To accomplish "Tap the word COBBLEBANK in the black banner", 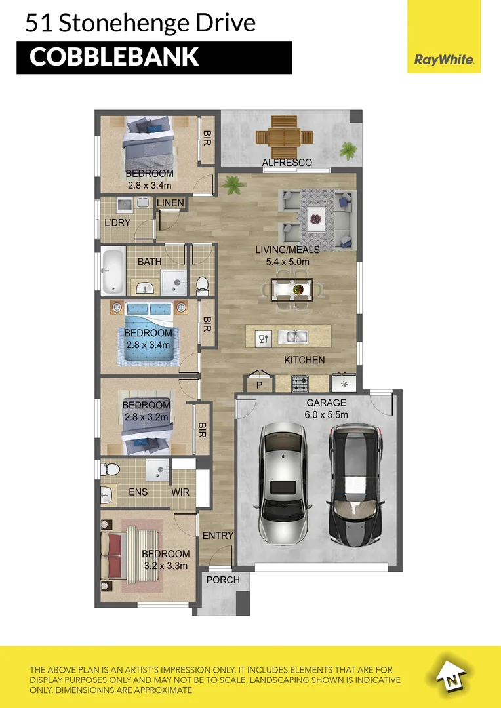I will [x=114, y=57].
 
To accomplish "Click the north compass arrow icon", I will [x=451, y=675].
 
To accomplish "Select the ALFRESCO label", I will [x=287, y=162].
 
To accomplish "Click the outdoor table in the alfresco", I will [x=285, y=136].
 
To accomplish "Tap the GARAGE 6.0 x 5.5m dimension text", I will [x=326, y=414].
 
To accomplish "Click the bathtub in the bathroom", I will [x=112, y=271].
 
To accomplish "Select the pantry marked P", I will [x=259, y=385].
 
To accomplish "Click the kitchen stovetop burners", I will [x=300, y=383].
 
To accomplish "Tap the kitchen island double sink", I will [x=292, y=338].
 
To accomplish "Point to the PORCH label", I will [x=223, y=580].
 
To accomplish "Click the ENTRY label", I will [x=218, y=536].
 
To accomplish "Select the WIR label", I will [x=181, y=492].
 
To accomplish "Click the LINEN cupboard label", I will [x=170, y=203].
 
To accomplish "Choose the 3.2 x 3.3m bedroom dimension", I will [x=166, y=565].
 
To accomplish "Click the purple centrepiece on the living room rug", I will [x=316, y=218].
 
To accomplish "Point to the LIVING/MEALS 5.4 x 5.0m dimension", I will [x=288, y=262].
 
